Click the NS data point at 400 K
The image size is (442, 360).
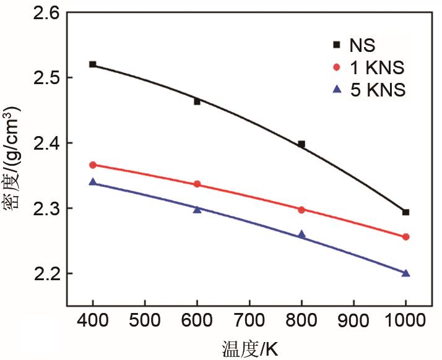point(93,64)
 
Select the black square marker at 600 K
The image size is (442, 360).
point(197,101)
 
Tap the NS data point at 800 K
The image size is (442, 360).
point(301,144)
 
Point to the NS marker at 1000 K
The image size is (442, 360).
point(406,212)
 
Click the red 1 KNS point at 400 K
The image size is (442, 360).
point(93,165)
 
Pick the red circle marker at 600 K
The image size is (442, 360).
point(197,184)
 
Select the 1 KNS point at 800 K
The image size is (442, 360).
point(301,210)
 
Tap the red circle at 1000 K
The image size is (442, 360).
point(406,237)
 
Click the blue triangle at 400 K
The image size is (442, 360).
point(93,182)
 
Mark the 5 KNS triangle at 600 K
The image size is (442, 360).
point(197,209)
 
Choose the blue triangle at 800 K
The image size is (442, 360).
point(301,234)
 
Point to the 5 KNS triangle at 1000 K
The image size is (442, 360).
point(406,273)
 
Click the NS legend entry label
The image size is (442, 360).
point(362,45)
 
